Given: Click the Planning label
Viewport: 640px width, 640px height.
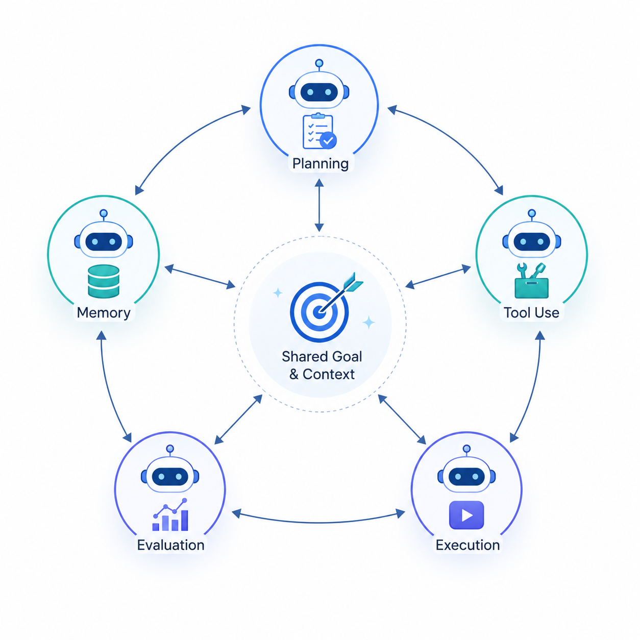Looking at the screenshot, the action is pyautogui.click(x=320, y=164).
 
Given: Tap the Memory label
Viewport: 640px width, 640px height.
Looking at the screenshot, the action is pyautogui.click(x=104, y=312).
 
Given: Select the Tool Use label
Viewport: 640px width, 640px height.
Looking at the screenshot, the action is pyautogui.click(x=531, y=312).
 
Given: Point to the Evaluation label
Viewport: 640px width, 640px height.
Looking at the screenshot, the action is pyautogui.click(x=170, y=545).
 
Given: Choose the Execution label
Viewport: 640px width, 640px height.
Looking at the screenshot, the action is pyautogui.click(x=467, y=545).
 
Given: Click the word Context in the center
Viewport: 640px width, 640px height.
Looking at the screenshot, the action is pyautogui.click(x=329, y=374).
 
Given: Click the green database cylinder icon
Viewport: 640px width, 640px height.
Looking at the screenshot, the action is pyautogui.click(x=104, y=281).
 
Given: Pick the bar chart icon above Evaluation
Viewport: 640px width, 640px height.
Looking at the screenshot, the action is pyautogui.click(x=170, y=514).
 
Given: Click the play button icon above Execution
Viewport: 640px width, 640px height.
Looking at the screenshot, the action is pyautogui.click(x=466, y=515).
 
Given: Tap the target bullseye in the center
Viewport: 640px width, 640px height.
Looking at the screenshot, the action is pyautogui.click(x=319, y=311).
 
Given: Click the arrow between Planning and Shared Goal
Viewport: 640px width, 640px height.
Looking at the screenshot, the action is pyautogui.click(x=319, y=205).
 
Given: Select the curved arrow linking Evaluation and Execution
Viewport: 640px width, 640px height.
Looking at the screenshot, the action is pyautogui.click(x=318, y=523).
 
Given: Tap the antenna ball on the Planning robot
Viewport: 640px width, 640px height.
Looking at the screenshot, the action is pyautogui.click(x=319, y=63).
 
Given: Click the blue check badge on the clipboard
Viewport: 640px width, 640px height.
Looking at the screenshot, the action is pyautogui.click(x=328, y=140).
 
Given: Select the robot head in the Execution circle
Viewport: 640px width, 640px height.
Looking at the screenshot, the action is pyautogui.click(x=466, y=476).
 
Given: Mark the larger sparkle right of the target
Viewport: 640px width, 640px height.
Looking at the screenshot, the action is pyautogui.click(x=368, y=322).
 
